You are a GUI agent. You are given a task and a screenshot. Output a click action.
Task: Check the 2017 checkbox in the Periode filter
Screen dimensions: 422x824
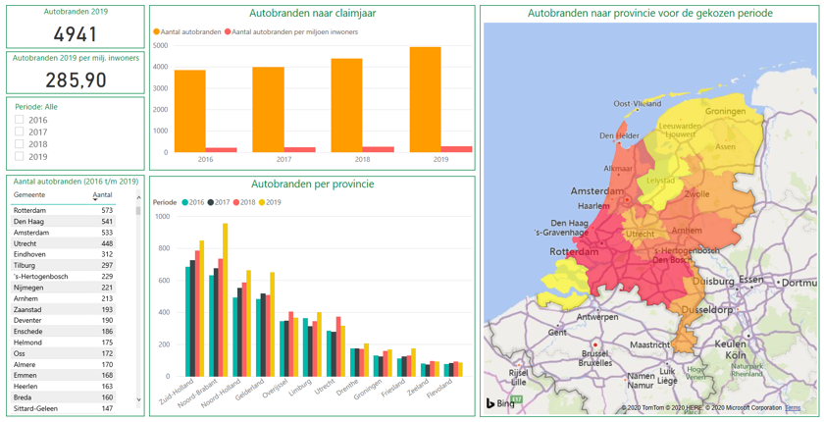(x=20, y=132)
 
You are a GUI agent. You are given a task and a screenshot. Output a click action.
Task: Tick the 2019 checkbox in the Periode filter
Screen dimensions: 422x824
(x=20, y=156)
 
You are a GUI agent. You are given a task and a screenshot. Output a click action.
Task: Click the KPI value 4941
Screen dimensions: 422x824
(x=76, y=34)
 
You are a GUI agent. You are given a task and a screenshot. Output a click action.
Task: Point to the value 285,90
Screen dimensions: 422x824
(x=76, y=79)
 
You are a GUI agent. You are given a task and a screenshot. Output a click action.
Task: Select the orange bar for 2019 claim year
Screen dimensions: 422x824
(x=425, y=99)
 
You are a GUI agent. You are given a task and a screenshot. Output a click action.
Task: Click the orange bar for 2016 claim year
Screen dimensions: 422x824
(x=189, y=111)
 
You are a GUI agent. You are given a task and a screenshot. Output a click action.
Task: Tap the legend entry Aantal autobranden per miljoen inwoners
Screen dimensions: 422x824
(x=294, y=32)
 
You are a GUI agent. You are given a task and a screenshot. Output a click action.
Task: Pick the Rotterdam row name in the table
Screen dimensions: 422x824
(x=29, y=211)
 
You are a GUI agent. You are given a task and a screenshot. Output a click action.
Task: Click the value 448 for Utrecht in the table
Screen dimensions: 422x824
(x=106, y=243)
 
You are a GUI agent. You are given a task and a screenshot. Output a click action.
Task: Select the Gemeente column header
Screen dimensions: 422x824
(x=30, y=195)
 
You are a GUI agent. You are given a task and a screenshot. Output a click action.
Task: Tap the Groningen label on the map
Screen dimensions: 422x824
(x=725, y=111)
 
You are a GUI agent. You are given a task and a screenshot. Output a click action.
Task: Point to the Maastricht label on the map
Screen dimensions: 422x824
(x=649, y=344)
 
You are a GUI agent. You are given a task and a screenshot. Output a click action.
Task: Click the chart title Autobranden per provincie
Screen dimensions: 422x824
(x=312, y=184)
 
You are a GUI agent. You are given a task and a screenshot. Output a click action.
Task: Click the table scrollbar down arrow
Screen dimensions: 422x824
(x=138, y=399)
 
